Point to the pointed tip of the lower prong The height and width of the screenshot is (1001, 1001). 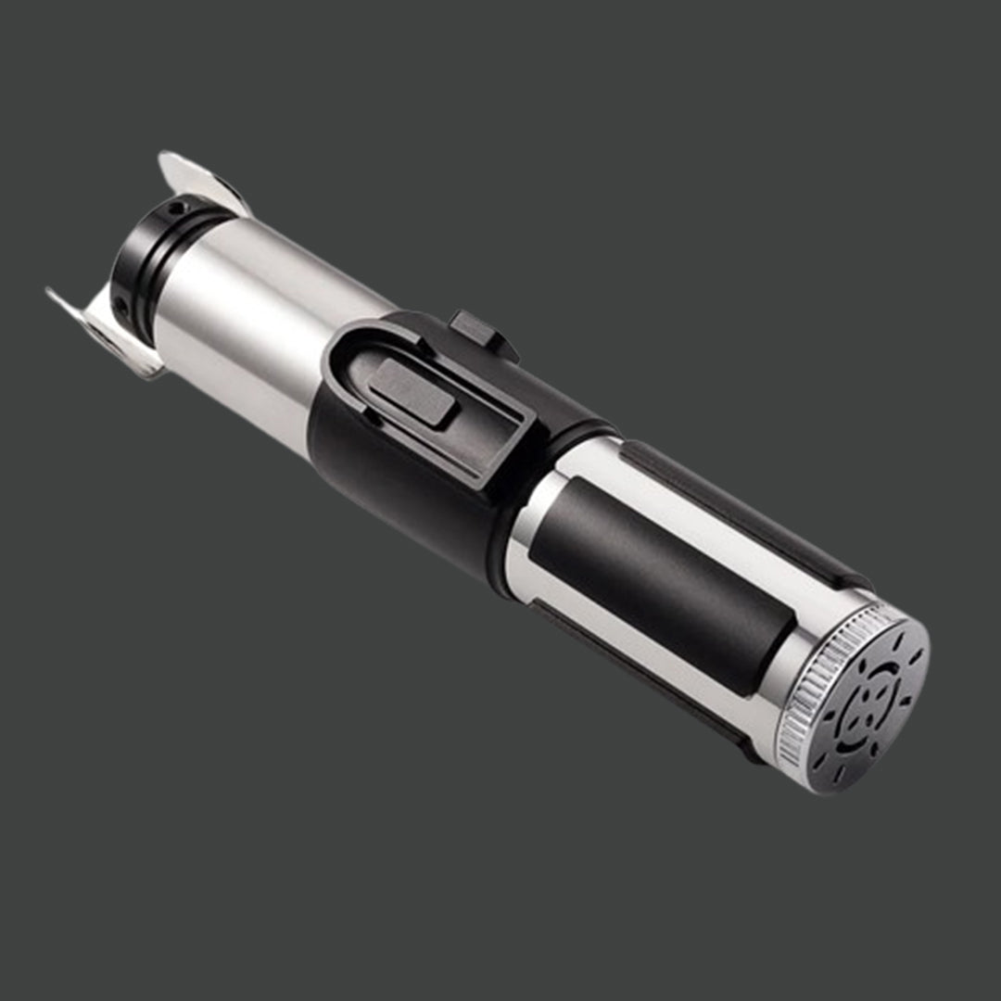(x=50, y=294)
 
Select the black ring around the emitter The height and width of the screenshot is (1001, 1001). (x=139, y=264)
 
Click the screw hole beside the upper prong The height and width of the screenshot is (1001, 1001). (x=176, y=209)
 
